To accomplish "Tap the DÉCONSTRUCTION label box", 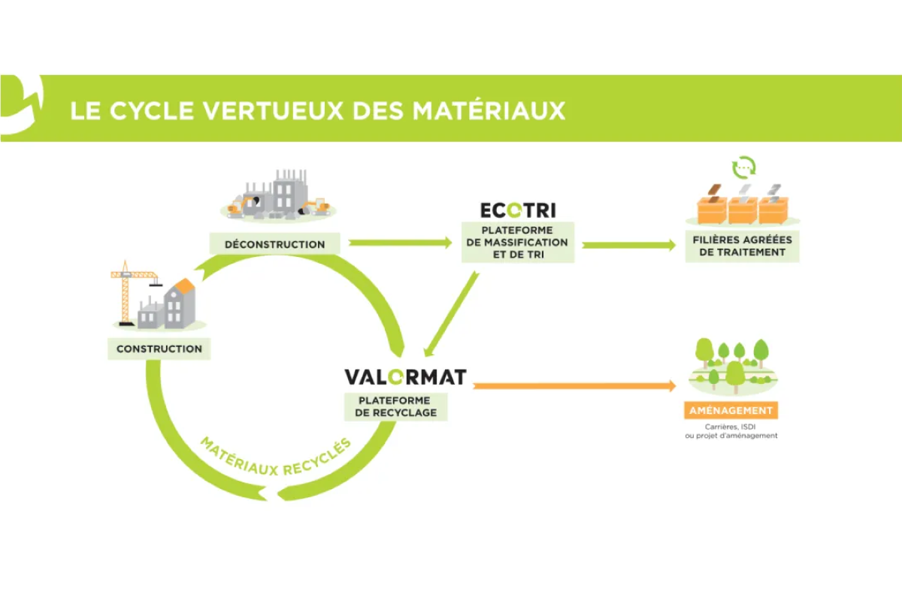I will [x=274, y=244].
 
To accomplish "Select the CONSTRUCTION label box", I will [x=159, y=349].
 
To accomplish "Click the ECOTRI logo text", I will [x=518, y=210].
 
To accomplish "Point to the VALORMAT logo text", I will [x=405, y=376].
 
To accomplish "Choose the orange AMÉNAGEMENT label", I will [x=732, y=410].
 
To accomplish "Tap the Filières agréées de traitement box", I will [x=742, y=246].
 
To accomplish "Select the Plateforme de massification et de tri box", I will [x=518, y=242].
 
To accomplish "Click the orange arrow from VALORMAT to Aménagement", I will [x=571, y=386].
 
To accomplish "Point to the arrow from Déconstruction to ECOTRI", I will [x=398, y=243].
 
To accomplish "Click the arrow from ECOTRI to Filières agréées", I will [x=628, y=245].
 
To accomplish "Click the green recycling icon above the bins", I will [x=743, y=167].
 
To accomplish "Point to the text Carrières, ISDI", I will [x=731, y=426].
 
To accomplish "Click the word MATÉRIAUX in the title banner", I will [x=489, y=110].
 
